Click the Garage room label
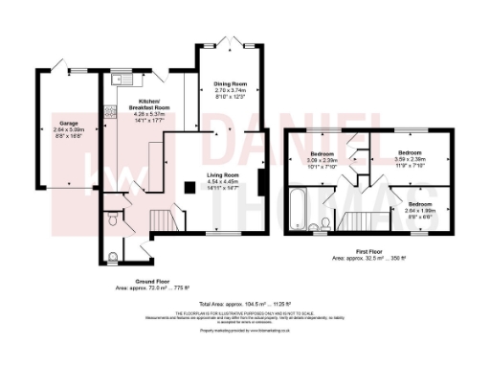click(x=68, y=124)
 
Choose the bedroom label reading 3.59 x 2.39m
click(x=410, y=157)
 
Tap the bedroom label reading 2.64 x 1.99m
click(x=419, y=209)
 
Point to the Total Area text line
click(x=245, y=304)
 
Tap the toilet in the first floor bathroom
click(x=317, y=228)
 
